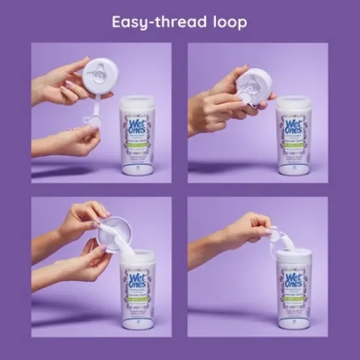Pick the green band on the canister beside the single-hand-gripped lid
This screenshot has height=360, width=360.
(x=294, y=137)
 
